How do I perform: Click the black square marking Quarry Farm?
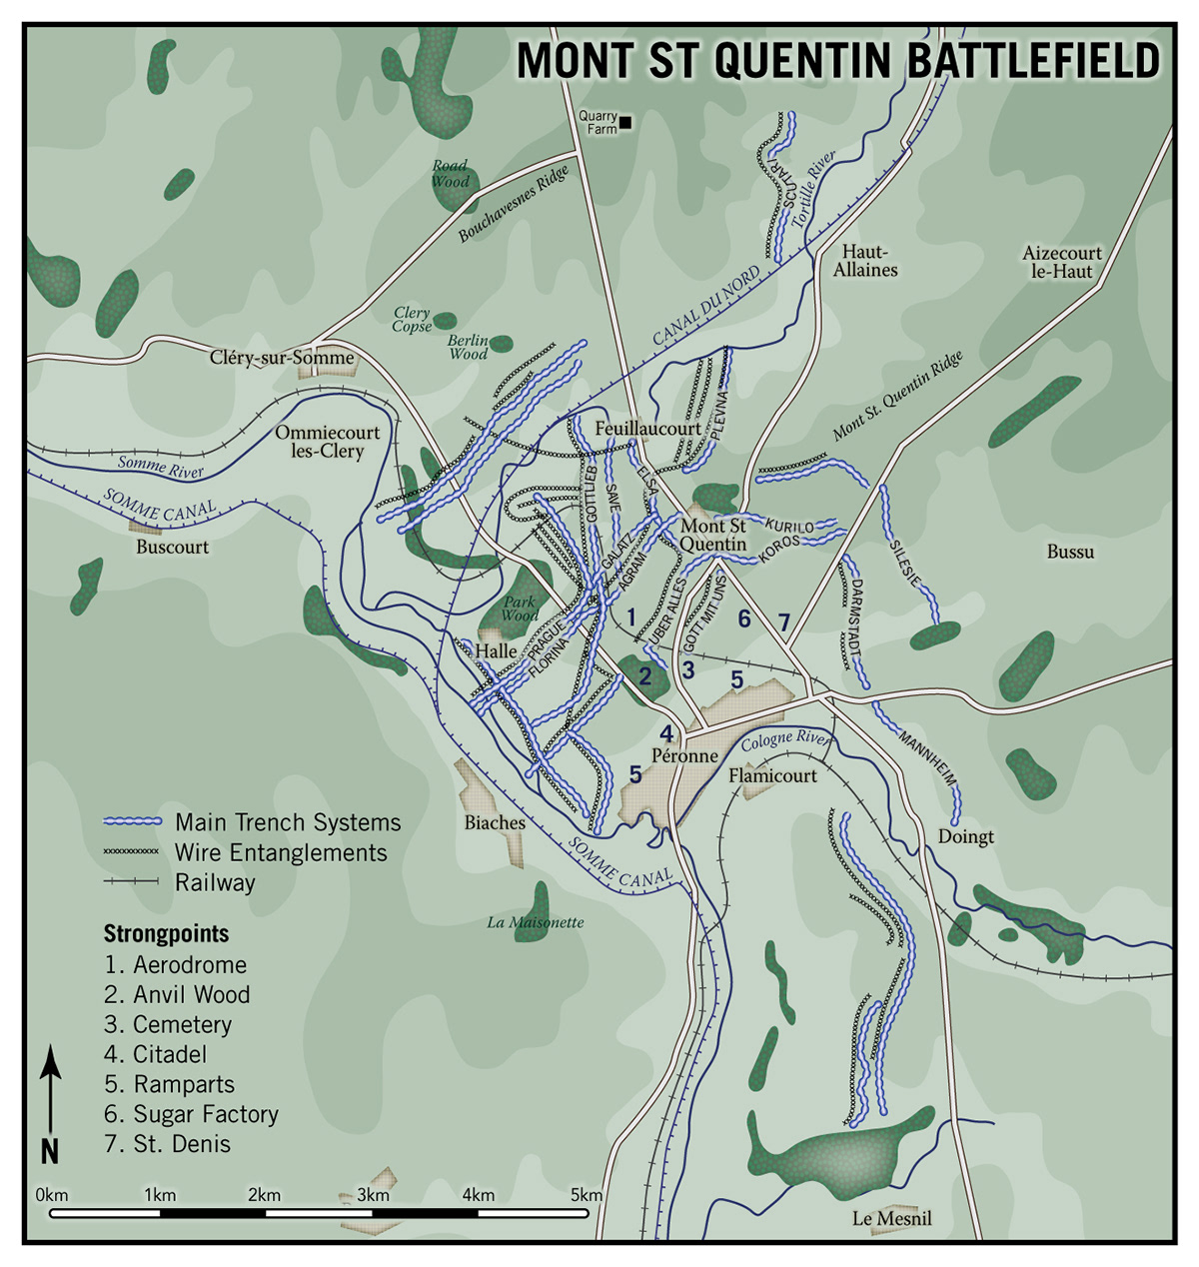pos(626,123)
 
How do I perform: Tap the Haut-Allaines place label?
pos(865,261)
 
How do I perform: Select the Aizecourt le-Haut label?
pos(1061,262)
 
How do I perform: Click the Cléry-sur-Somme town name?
pos(282,358)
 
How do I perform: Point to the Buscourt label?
pos(173,548)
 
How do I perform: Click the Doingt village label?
pos(965,836)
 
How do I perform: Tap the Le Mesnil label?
pos(892,1218)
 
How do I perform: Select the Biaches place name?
pos(495,822)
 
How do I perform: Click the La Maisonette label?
pos(536,922)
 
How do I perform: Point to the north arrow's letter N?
pos(50,1151)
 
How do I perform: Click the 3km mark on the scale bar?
pos(373,1196)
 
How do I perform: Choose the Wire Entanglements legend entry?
pos(281,852)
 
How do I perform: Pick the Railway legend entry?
pos(215,882)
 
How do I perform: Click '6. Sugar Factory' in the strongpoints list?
pos(191,1114)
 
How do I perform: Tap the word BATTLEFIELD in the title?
pos(1033,61)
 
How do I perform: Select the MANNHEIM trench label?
pos(927,759)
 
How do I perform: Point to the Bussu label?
pos(1070,552)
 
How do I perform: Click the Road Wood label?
pos(451,174)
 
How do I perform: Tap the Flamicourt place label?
pos(772,775)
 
